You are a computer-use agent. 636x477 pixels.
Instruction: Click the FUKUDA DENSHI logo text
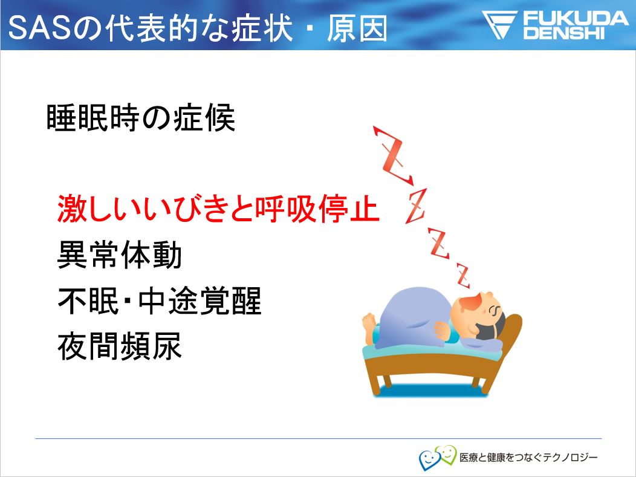pyautogui.click(x=575, y=25)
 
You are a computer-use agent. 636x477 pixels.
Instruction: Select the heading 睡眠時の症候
pyautogui.click(x=141, y=118)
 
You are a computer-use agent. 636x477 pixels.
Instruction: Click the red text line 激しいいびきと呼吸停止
pyautogui.click(x=218, y=209)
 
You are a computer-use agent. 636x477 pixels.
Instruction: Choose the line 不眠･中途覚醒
pyautogui.click(x=160, y=300)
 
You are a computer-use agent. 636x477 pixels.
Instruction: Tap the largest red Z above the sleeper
pyautogui.click(x=392, y=156)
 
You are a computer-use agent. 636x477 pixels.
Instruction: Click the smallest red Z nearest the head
pyautogui.click(x=463, y=276)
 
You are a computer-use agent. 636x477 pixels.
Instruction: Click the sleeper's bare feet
pyautogui.click(x=370, y=326)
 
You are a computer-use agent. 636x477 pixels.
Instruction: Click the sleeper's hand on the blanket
pyautogui.click(x=441, y=330)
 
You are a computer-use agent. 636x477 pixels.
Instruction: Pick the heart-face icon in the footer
pyautogui.click(x=437, y=457)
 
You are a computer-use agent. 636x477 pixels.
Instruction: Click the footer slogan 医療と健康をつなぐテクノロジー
pyautogui.click(x=528, y=458)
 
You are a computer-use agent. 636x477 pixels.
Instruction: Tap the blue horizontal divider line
pyautogui.click(x=319, y=438)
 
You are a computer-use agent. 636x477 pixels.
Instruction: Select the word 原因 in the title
pyautogui.click(x=357, y=28)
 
